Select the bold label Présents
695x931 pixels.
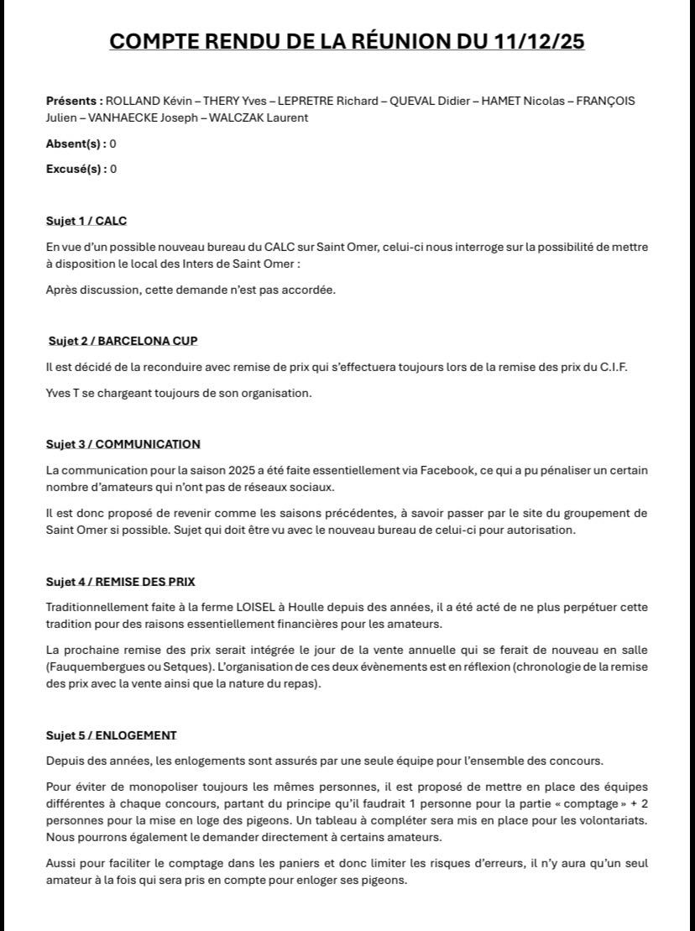(73, 101)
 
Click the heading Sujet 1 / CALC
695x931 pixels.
(86, 222)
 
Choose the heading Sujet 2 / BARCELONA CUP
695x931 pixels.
(123, 341)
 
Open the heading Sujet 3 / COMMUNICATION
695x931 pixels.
(123, 444)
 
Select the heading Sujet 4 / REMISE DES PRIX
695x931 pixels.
(120, 582)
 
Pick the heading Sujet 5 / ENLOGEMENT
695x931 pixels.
(111, 735)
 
